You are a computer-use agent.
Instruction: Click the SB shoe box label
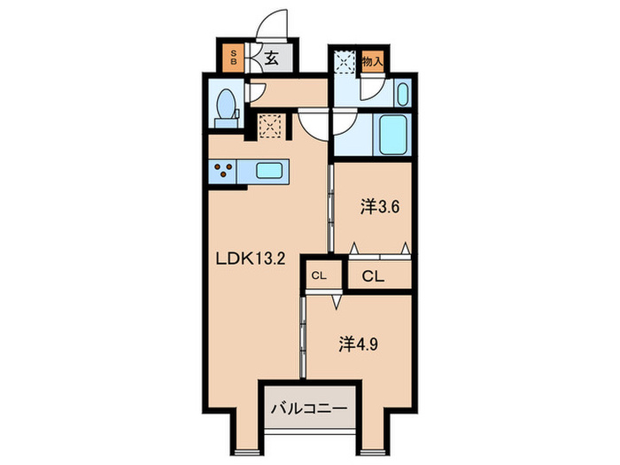point(234,58)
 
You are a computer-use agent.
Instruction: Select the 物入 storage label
point(372,62)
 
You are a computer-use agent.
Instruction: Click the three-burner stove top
point(225,171)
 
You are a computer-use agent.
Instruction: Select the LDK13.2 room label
point(252,261)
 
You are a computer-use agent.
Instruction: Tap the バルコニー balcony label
point(309,409)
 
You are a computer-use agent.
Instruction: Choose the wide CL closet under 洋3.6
point(373,275)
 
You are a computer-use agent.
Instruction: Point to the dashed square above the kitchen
point(269,126)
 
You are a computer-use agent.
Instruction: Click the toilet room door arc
point(254,90)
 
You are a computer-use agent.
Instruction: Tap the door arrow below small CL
point(337,301)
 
